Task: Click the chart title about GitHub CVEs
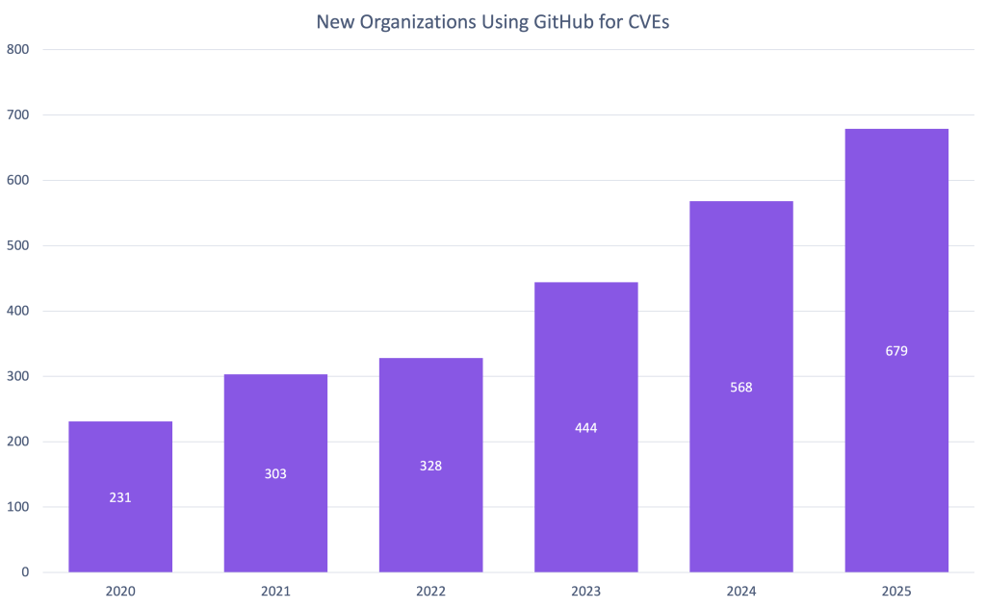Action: click(492, 22)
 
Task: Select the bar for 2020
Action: click(120, 495)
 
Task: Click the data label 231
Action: click(120, 497)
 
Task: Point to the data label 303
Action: click(275, 473)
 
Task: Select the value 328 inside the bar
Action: click(430, 466)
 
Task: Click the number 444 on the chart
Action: click(585, 428)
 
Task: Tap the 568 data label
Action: click(741, 388)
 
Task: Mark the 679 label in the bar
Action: click(896, 351)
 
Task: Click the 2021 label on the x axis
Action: click(275, 591)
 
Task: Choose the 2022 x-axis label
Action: click(430, 591)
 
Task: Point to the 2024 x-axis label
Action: click(741, 591)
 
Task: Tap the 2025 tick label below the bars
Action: click(896, 591)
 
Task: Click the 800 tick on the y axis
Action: click(18, 50)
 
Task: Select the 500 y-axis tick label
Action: click(18, 245)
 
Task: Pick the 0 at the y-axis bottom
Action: click(24, 572)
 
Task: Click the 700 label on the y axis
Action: click(18, 115)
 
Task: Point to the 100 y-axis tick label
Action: click(18, 507)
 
